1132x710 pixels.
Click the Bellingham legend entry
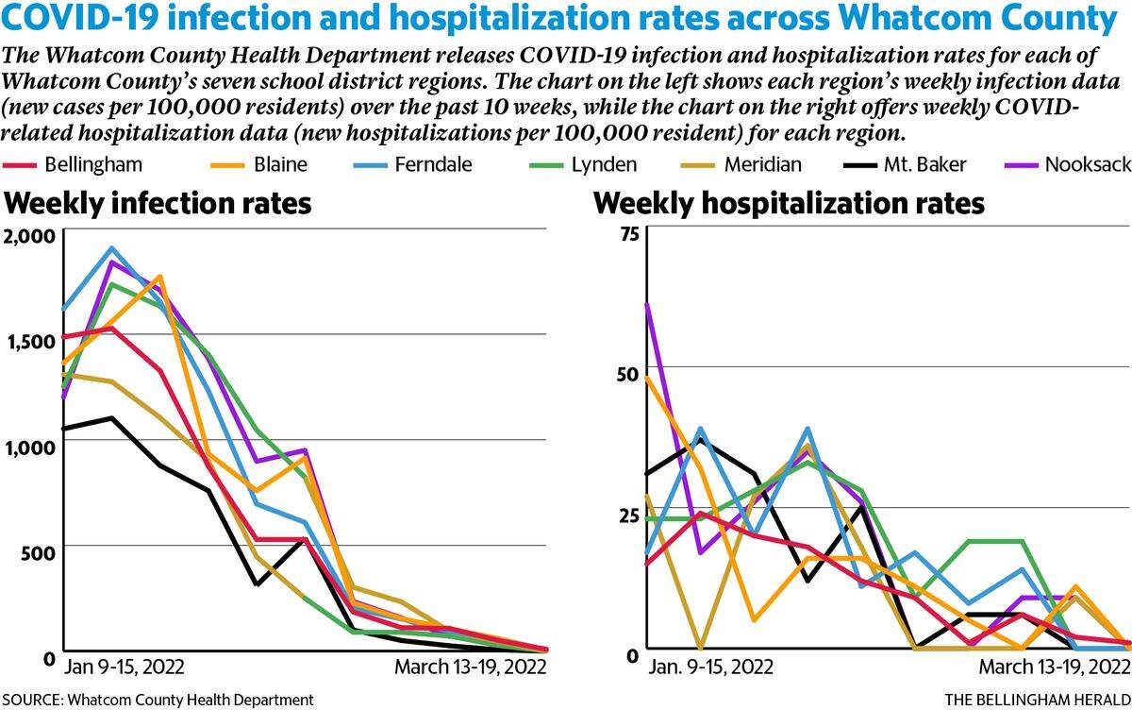point(73,165)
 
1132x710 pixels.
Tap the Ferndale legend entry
point(412,165)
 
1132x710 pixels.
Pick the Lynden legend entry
point(583,165)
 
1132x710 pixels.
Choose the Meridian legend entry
point(741,165)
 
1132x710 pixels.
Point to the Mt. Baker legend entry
point(905,165)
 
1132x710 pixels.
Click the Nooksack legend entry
point(1067,165)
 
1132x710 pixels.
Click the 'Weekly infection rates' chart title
point(158,203)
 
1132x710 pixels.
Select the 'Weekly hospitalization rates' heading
point(789,204)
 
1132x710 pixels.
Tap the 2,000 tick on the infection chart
point(29,236)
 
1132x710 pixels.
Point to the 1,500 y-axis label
point(31,343)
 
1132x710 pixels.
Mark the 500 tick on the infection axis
point(38,553)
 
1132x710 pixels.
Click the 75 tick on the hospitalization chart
point(629,233)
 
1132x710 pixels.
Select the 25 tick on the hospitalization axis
point(628,516)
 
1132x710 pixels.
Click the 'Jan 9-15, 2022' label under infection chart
point(124,667)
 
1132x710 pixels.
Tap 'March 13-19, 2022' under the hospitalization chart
point(1055,667)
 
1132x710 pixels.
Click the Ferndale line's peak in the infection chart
point(111,247)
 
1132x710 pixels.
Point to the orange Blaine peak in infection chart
point(160,276)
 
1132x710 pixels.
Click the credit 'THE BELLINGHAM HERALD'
point(1038,700)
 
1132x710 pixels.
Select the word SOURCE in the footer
point(32,700)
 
